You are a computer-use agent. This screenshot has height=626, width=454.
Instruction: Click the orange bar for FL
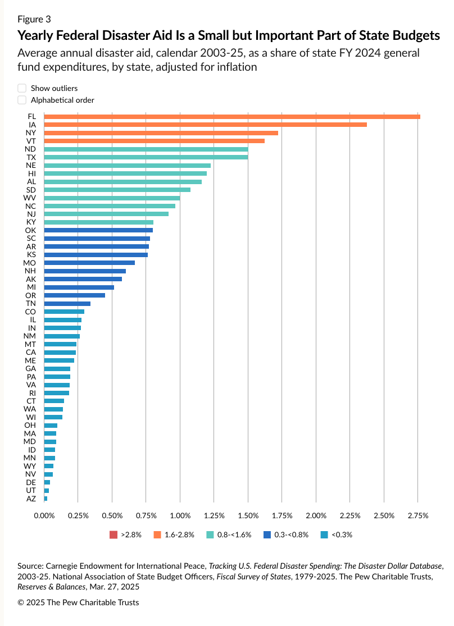(x=231, y=116)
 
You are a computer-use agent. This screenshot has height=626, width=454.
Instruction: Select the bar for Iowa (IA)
(x=205, y=125)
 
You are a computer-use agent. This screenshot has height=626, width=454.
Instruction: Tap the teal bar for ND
(x=146, y=149)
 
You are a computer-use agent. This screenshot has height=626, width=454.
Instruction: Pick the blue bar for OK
(x=98, y=230)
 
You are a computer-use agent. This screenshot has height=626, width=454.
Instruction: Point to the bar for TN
(x=67, y=304)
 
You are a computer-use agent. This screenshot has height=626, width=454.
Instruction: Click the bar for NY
(x=161, y=132)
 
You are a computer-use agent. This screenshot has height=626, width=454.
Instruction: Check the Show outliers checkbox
(x=22, y=88)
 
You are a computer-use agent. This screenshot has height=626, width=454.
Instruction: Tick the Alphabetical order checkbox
(x=22, y=100)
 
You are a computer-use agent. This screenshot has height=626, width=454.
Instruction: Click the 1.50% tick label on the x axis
(x=248, y=515)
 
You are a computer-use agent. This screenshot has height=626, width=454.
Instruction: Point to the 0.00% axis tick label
(x=44, y=515)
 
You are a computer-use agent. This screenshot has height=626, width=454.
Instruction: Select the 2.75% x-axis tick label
(x=417, y=515)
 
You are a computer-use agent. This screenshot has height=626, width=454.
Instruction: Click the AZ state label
(x=31, y=499)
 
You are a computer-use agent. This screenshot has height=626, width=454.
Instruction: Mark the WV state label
(x=30, y=198)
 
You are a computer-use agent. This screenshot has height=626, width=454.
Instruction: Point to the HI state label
(x=32, y=173)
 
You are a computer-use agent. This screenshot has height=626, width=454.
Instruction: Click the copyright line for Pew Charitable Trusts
(x=78, y=602)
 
